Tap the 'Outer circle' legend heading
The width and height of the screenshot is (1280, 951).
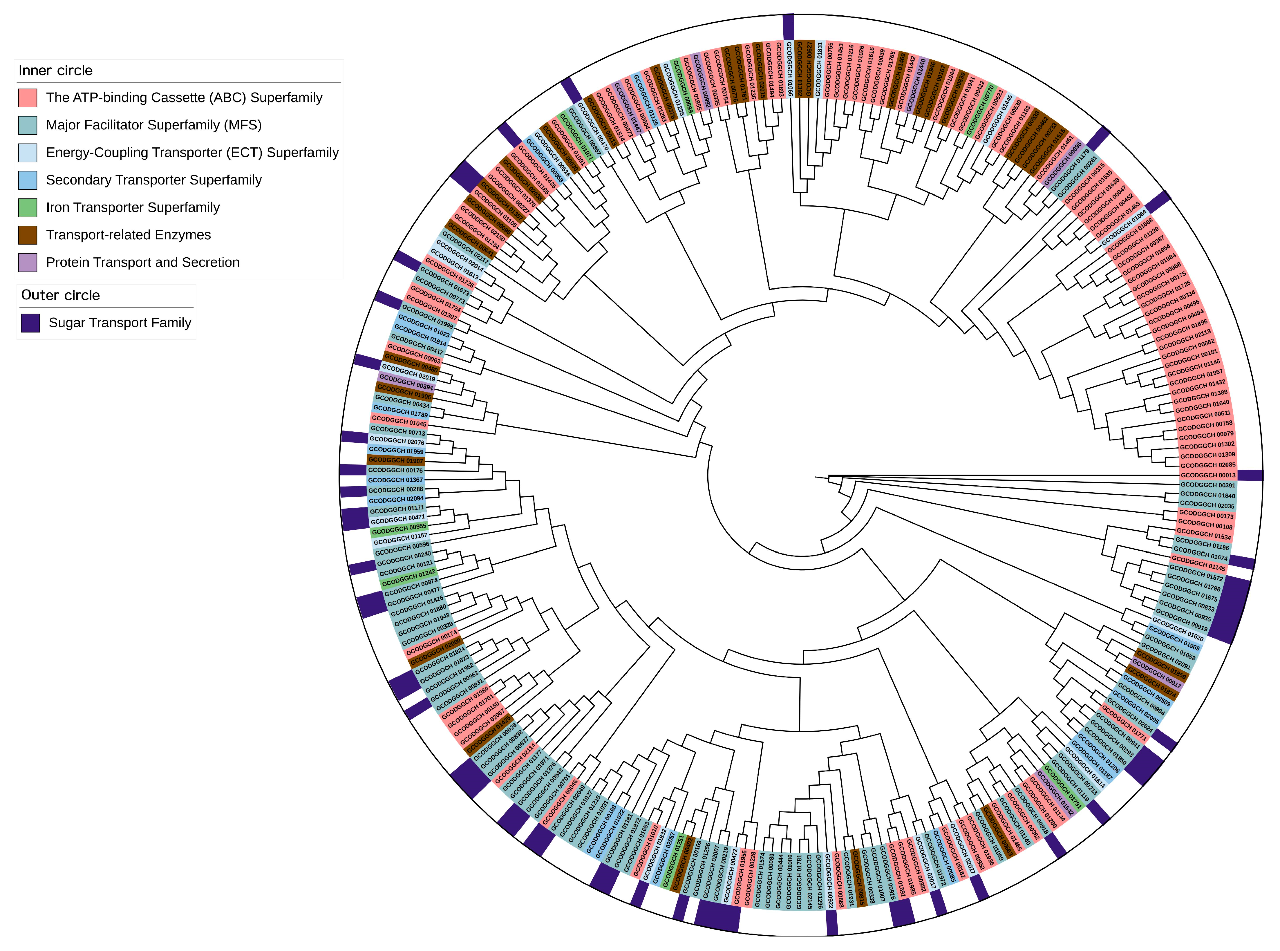point(60,295)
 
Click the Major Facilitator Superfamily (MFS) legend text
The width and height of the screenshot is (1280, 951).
point(154,125)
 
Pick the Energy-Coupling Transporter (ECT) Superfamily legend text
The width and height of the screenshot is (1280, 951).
point(192,153)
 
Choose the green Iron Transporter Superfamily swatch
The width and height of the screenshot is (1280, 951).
point(28,207)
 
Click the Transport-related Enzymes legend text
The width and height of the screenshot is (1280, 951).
point(128,235)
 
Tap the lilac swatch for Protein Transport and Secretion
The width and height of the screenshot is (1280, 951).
point(28,263)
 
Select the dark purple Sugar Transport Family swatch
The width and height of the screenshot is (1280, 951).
point(30,323)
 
